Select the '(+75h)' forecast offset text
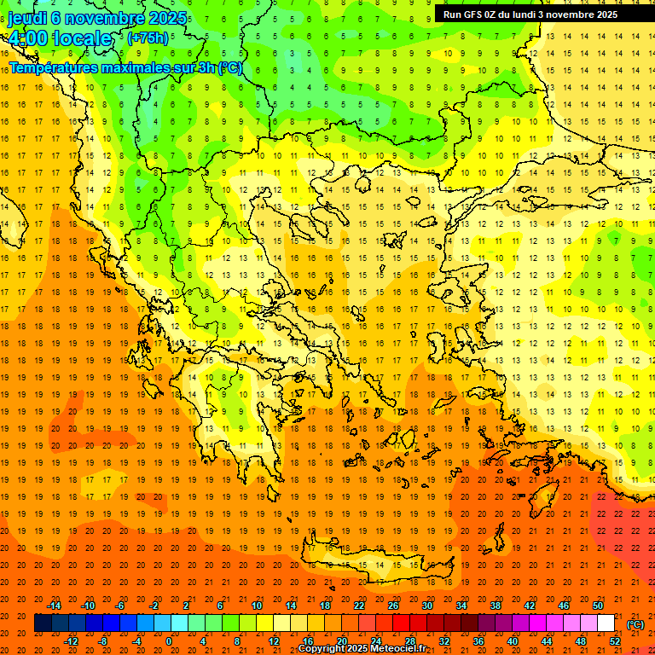click(x=148, y=38)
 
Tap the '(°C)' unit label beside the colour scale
click(x=635, y=624)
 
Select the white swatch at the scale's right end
click(x=606, y=623)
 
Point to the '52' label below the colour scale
click(x=615, y=641)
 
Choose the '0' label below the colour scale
click(x=169, y=641)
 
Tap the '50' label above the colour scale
click(x=598, y=606)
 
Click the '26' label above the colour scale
click(x=393, y=606)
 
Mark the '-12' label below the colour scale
click(x=71, y=641)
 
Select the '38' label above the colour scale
click(x=496, y=606)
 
